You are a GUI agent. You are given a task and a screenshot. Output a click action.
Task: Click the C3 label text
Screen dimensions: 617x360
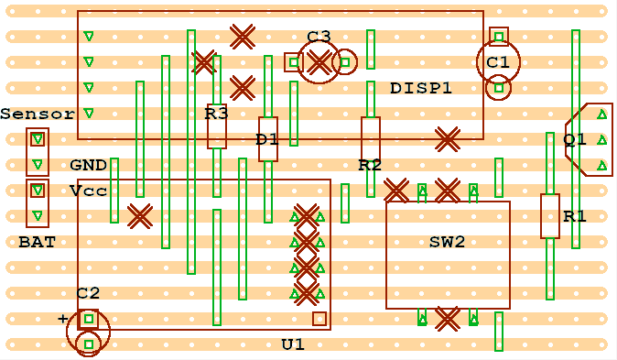(x=319, y=37)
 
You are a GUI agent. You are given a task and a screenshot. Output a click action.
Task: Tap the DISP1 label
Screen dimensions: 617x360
(x=421, y=89)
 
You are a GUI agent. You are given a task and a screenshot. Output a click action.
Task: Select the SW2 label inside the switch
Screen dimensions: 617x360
(x=448, y=243)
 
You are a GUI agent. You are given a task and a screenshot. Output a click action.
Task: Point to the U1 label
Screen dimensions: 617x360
(x=293, y=344)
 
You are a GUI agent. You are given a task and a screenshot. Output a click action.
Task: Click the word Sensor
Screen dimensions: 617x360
(x=38, y=115)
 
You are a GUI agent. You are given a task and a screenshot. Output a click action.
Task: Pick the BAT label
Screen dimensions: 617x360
(x=37, y=243)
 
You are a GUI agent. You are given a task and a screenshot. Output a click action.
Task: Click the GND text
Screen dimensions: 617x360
(x=89, y=166)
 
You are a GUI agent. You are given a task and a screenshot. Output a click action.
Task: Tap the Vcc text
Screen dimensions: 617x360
(x=89, y=191)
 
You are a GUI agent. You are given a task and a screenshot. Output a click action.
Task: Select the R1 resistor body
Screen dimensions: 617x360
(x=550, y=216)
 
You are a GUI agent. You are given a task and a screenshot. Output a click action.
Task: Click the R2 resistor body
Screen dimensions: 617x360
(x=371, y=139)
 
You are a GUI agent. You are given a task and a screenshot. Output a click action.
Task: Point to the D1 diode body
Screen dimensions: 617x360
(x=268, y=139)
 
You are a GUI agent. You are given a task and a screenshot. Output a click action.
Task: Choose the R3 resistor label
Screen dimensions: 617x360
(x=217, y=115)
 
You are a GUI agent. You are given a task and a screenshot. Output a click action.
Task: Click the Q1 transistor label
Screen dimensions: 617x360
(x=575, y=139)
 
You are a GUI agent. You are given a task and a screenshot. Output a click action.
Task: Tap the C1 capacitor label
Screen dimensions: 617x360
(x=498, y=62)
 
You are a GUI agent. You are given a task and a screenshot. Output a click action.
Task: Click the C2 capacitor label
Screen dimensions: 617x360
(x=89, y=293)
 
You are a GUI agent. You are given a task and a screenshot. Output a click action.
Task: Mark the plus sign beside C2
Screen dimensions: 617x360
(x=63, y=319)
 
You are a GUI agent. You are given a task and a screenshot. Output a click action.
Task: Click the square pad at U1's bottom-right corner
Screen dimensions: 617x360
(x=319, y=319)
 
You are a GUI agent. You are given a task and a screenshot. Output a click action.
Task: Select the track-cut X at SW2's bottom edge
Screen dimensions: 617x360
(x=447, y=319)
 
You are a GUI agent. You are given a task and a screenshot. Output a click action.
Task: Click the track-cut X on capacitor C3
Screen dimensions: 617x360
(x=319, y=62)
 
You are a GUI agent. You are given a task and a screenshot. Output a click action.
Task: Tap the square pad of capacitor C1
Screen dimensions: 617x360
(x=499, y=37)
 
